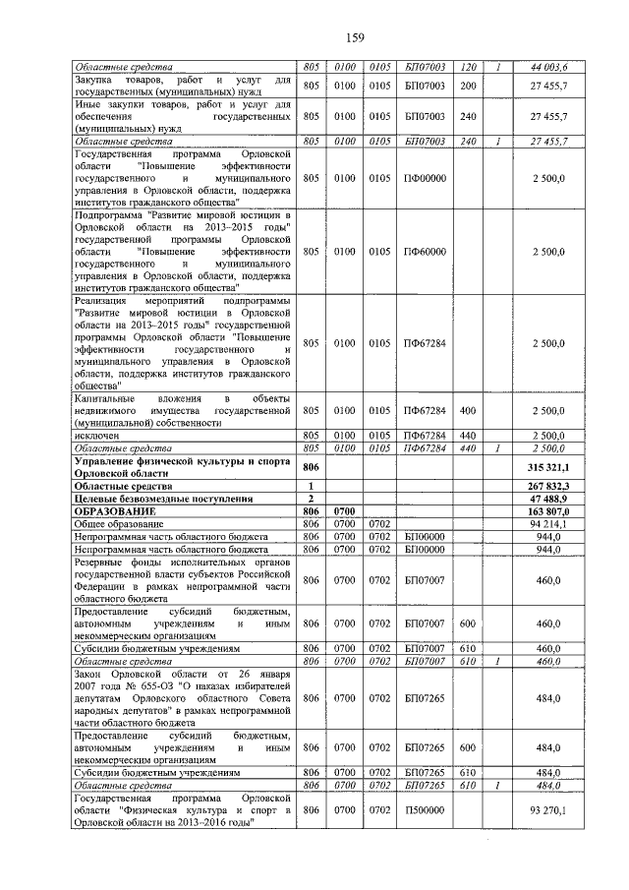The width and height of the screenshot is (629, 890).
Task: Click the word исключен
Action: (x=95, y=435)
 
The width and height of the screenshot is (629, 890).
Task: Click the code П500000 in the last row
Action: (x=425, y=809)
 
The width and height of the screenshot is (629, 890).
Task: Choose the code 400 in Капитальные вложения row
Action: (x=468, y=410)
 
